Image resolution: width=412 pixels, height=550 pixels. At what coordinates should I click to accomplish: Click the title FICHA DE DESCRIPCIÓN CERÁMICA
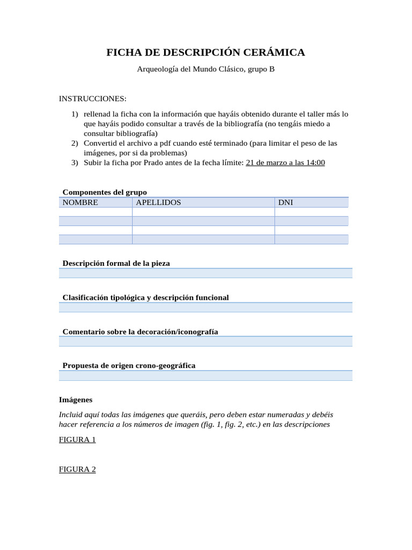pos(205,52)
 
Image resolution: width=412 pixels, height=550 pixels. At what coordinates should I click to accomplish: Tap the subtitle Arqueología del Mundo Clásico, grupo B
pos(205,69)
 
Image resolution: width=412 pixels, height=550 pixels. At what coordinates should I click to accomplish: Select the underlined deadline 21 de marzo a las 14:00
pos(285,162)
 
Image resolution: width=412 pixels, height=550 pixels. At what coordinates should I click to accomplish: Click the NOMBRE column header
pos(80,202)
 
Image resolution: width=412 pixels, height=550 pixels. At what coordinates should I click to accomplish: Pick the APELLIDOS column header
pos(158,202)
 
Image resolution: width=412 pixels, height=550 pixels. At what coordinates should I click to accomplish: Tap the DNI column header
pos(285,202)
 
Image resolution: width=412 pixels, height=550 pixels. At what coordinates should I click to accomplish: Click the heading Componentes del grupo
pos(105,192)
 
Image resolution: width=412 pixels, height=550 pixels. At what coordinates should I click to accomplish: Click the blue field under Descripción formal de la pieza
pos(205,273)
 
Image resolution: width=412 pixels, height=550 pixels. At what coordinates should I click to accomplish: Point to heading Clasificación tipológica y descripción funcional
pos(145,298)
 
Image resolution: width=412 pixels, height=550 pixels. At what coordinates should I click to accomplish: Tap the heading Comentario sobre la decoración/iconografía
pos(140,331)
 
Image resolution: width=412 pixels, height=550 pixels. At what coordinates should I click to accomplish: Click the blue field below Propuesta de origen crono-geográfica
pos(205,375)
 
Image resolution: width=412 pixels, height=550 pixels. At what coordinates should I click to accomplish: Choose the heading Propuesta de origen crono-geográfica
pos(129,365)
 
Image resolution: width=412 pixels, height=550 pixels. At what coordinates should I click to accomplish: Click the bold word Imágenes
pos(76,400)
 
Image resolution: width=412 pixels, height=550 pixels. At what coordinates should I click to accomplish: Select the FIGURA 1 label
pos(77,439)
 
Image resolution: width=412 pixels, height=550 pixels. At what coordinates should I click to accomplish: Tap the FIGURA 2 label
pos(77,469)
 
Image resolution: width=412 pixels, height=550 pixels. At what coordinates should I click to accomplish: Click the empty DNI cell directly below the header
pos(311,212)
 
